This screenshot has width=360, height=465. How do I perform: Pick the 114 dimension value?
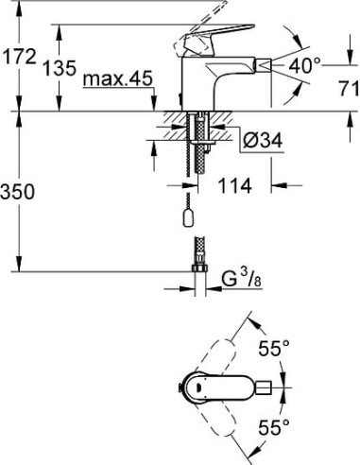(235, 186)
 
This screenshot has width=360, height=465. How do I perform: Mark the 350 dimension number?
(20, 193)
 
